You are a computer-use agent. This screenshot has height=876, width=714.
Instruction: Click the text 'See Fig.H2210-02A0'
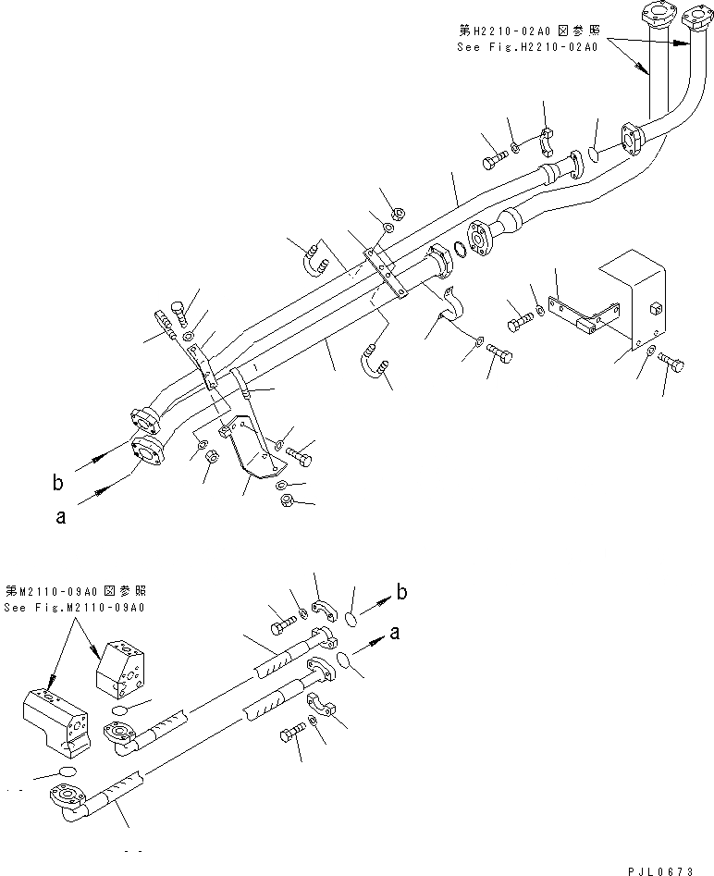point(529,44)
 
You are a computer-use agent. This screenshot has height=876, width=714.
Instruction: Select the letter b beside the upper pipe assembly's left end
point(59,481)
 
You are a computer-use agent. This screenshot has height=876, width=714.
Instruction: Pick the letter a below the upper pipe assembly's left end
point(60,518)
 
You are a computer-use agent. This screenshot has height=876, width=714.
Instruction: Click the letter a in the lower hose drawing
point(396,634)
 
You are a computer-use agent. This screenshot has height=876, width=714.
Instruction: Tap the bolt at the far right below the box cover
point(671,365)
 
